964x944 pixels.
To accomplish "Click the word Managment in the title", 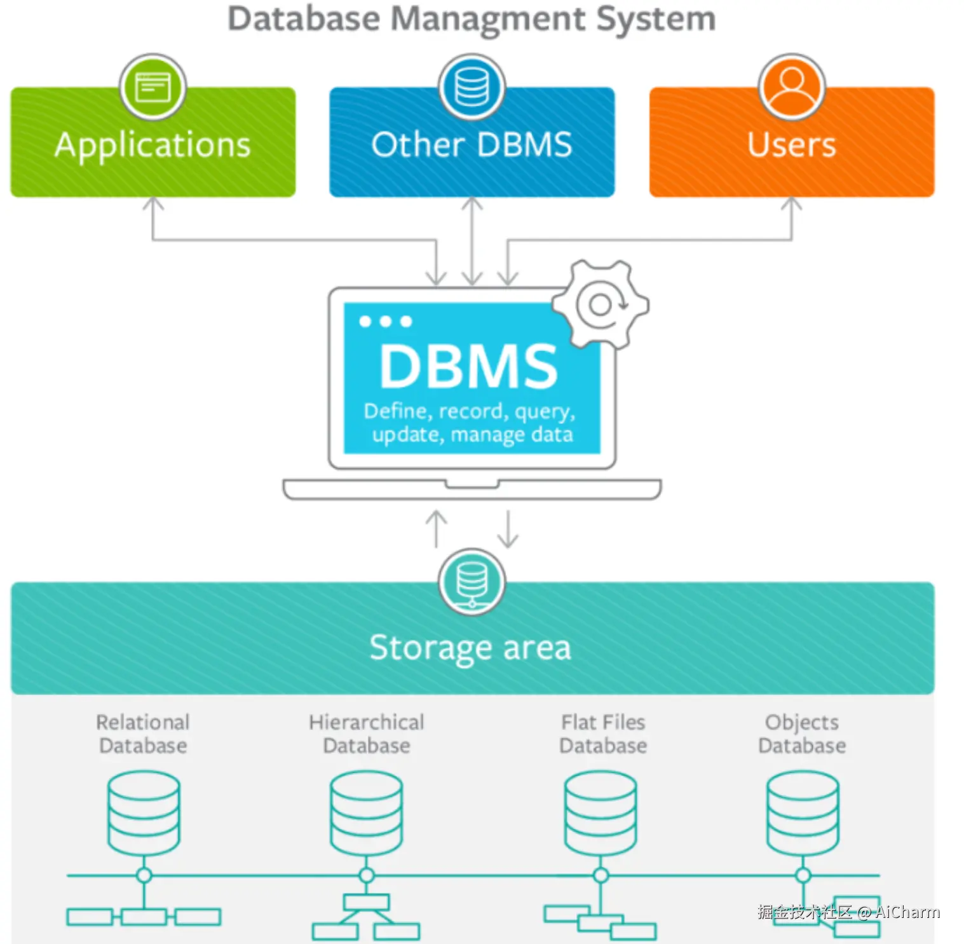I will tap(487, 19).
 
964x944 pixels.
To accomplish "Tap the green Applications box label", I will tap(153, 146).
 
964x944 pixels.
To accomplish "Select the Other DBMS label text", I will tap(472, 145).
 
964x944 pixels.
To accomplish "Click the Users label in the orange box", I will tap(791, 145).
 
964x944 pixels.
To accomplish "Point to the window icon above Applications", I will tap(153, 87).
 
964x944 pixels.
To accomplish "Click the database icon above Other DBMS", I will tap(472, 87).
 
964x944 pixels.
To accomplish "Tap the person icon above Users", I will tap(792, 87).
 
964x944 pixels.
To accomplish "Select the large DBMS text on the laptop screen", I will tap(468, 367).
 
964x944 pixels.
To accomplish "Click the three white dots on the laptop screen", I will tap(385, 322).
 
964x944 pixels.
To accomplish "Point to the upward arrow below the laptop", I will tap(436, 528).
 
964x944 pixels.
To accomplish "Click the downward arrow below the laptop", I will tap(508, 528).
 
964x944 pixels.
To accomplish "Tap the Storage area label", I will tap(470, 648).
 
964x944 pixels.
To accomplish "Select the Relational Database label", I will tap(143, 734).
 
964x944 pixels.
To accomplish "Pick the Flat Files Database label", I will tap(603, 734).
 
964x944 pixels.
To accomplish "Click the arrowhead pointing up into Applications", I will tap(153, 203).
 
